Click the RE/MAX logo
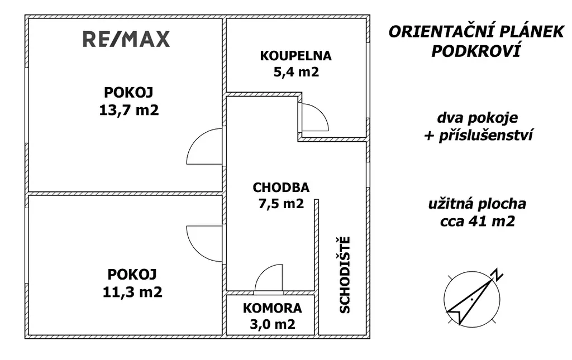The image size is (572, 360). click(x=126, y=39)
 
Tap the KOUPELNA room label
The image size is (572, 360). click(x=296, y=56)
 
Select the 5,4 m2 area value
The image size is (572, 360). click(x=296, y=72)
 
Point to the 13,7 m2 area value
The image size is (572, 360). click(x=129, y=110)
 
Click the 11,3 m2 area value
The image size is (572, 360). click(x=132, y=292)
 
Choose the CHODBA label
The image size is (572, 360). click(x=281, y=188)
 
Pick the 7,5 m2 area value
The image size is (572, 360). click(x=281, y=203)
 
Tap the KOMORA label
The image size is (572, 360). click(x=273, y=308)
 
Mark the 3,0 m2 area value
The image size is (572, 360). click(x=273, y=324)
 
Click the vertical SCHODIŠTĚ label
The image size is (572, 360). click(x=345, y=275)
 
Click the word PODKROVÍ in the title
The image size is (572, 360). click(x=475, y=51)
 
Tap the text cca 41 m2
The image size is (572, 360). click(x=478, y=221)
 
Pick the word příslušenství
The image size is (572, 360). click(x=486, y=135)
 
